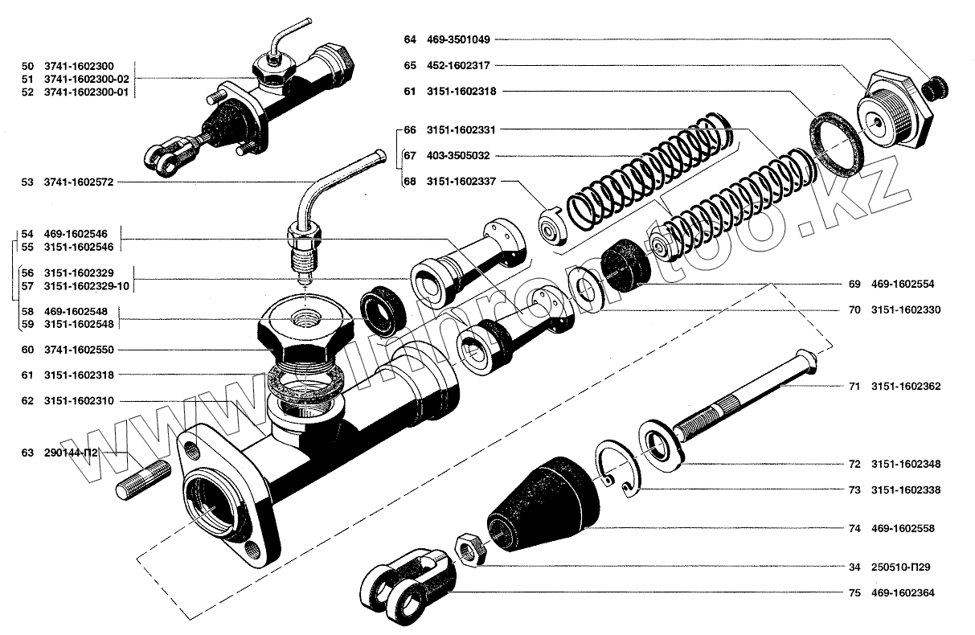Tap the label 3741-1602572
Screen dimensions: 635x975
80,183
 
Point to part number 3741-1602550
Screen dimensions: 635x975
80,350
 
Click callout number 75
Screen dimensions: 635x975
854,594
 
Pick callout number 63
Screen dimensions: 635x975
27,453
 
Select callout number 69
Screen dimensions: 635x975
854,284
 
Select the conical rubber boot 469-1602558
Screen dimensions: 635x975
547,506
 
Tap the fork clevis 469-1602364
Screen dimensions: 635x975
402,583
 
